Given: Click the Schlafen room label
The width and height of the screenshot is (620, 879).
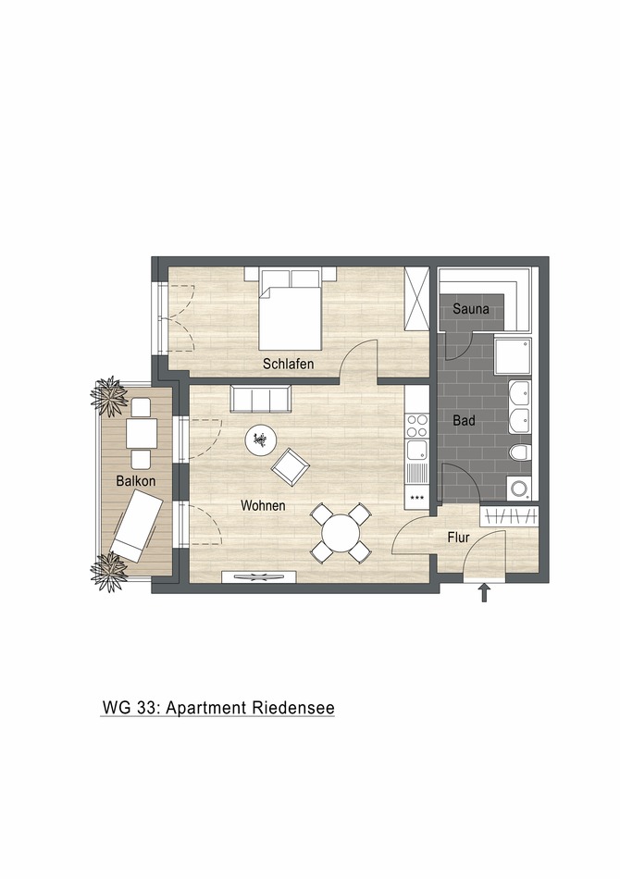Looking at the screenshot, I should (x=288, y=365).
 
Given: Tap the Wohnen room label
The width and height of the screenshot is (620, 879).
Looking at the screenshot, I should (x=263, y=506).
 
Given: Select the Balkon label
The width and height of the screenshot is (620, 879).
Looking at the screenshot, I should (x=135, y=482).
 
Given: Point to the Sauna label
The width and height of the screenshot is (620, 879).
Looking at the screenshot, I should (x=471, y=310).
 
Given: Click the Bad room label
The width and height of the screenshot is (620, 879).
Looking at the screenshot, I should (x=464, y=421).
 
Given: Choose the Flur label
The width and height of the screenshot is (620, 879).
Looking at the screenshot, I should (x=459, y=537).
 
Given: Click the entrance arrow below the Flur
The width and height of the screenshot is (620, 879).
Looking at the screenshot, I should (x=483, y=593).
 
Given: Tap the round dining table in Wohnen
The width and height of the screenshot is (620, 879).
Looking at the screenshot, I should (x=341, y=534).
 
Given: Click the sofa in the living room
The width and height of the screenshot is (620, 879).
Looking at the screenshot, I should (x=260, y=400).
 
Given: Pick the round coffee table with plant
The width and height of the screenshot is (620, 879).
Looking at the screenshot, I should (x=260, y=439).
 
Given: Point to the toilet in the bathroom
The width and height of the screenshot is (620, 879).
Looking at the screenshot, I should (x=521, y=453).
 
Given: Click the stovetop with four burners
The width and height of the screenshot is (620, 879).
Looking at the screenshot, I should (x=417, y=425).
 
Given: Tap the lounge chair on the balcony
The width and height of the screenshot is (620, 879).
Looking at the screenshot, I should (x=137, y=524).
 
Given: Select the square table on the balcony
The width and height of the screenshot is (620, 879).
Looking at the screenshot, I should (x=142, y=432).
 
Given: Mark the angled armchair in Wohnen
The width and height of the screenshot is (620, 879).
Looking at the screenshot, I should (x=291, y=465).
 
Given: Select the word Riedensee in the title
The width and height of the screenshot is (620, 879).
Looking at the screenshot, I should (x=292, y=708).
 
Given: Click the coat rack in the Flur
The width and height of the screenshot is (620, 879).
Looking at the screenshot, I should (x=508, y=516).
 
